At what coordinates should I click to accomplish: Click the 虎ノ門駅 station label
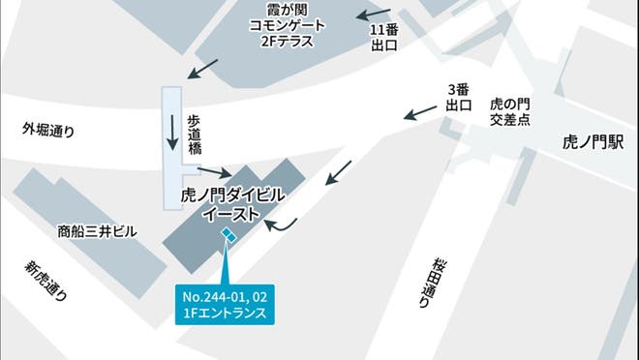tap(588, 141)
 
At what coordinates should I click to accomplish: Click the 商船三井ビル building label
tap(98, 231)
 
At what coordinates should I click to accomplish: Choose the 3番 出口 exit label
tap(460, 97)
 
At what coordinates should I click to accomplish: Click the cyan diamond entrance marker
tap(228, 234)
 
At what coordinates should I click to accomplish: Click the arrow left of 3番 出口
tap(418, 114)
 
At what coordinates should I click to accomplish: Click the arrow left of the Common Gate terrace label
tap(202, 69)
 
